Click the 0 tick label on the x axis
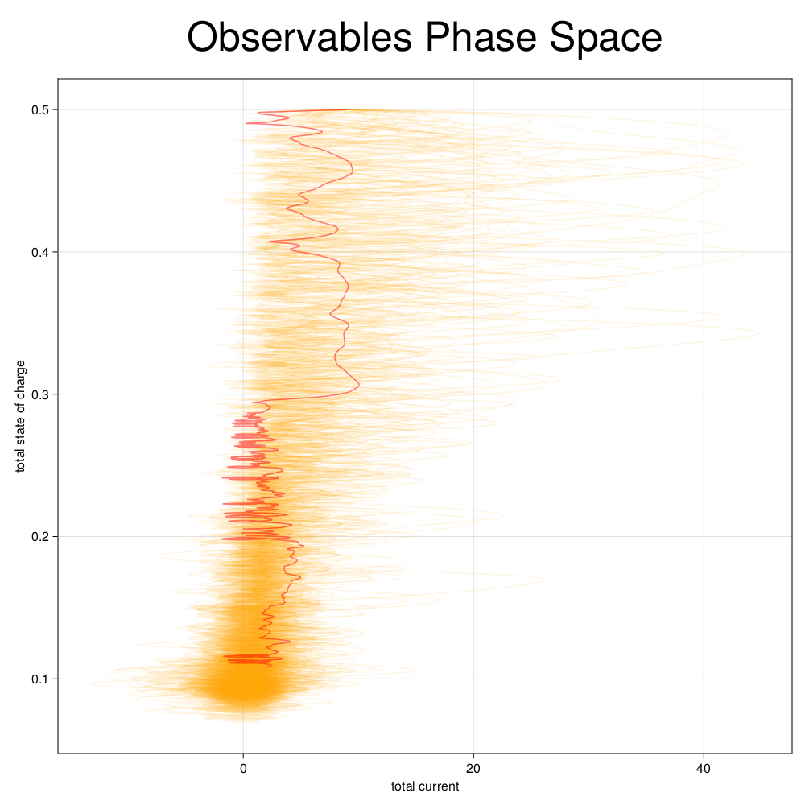pyautogui.click(x=243, y=768)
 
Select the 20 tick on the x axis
pyautogui.click(x=473, y=768)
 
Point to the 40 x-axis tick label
pyautogui.click(x=704, y=768)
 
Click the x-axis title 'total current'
pyautogui.click(x=425, y=786)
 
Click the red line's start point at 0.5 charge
pyautogui.click(x=347, y=109)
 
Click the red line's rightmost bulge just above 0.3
pyautogui.click(x=358, y=385)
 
